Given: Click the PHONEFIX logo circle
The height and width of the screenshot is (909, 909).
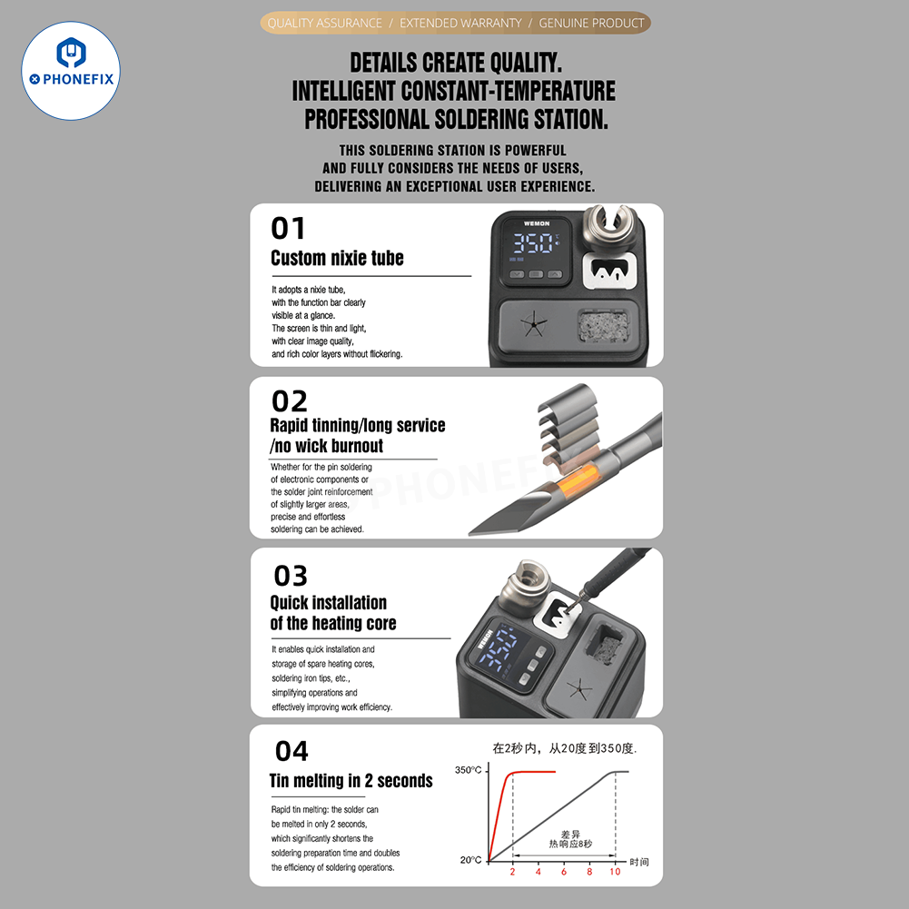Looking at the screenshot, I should coord(71,71).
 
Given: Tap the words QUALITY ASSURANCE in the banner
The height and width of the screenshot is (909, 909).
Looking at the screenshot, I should coord(324,23).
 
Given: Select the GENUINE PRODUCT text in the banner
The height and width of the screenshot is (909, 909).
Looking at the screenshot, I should coord(591,23).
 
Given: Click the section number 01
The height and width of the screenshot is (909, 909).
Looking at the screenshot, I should coord(288,228).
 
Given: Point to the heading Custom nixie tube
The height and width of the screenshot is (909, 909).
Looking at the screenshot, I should coord(337,258).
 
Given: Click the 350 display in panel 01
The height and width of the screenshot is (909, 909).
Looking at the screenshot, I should coord(532,243).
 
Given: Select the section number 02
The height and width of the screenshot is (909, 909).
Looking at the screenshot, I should coord(289,400).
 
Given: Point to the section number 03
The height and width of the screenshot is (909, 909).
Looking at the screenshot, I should coord(291,576).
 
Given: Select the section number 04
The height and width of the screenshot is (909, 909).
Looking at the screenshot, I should coord(291,751).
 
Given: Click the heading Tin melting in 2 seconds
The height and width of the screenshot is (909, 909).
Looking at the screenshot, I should coord(351,781).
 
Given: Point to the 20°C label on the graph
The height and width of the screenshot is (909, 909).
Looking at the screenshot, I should coord(470,859).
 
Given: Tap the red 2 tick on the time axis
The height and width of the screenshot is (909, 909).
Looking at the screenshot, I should coord(512,872).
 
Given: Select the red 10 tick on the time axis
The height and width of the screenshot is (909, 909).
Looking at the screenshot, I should coord(615,872).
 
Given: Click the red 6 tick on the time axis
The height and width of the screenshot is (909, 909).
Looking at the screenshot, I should coord(563,872).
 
